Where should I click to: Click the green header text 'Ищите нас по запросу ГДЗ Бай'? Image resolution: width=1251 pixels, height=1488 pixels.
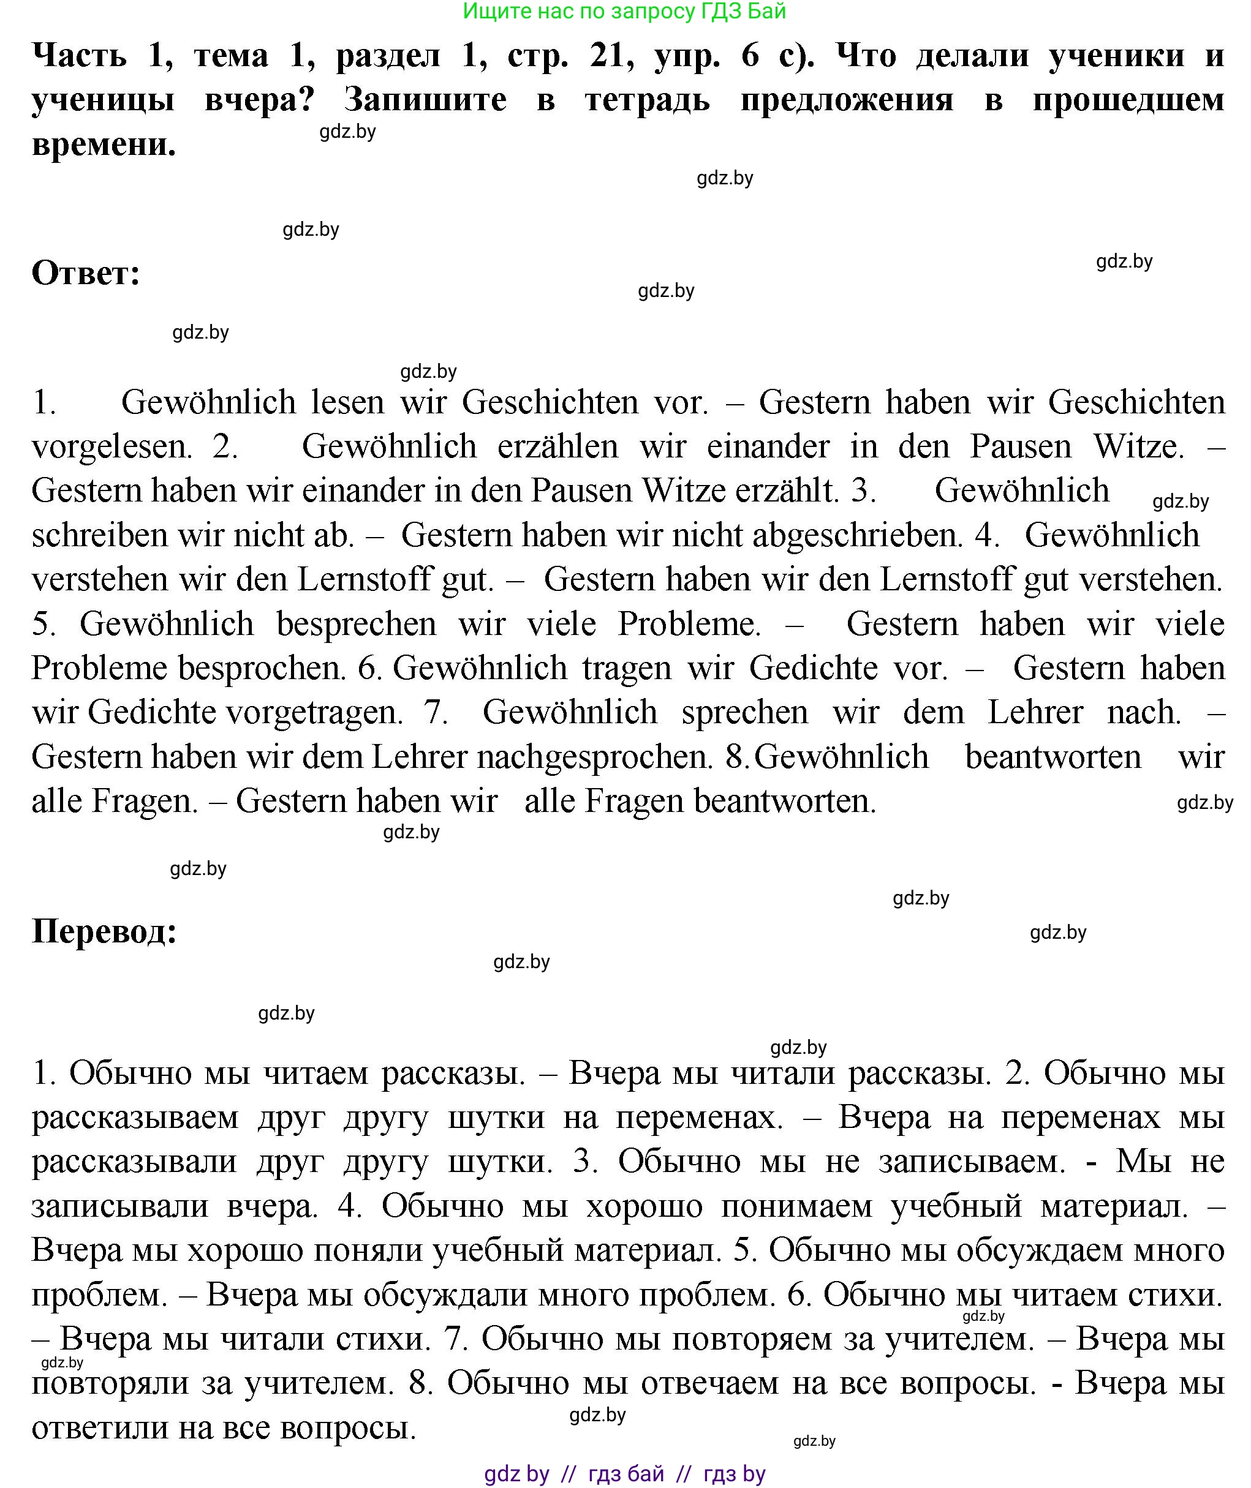point(624,12)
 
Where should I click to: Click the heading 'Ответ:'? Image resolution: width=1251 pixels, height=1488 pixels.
point(86,273)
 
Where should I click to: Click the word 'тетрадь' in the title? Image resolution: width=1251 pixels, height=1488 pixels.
point(647,100)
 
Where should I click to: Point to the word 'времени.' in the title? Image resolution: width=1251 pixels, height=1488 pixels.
point(104,145)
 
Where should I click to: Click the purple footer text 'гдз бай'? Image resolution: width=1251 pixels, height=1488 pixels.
point(625,1474)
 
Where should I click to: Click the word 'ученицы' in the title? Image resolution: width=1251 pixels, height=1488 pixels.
point(103,100)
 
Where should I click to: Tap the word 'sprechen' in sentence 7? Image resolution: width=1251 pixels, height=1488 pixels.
point(744,712)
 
